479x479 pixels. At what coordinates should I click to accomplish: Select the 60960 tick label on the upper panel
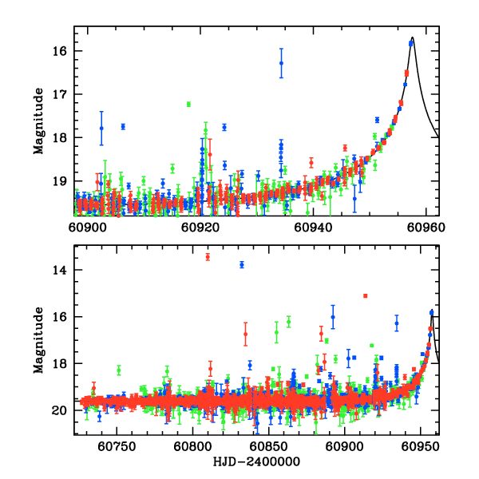click(426, 226)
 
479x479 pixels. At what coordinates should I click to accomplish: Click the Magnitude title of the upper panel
click(38, 121)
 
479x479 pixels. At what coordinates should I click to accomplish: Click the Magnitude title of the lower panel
click(38, 340)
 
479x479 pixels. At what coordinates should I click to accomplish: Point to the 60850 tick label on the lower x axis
click(269, 445)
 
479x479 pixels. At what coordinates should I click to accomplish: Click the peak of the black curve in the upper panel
click(413, 38)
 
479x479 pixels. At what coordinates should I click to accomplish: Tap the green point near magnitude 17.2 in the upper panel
click(188, 104)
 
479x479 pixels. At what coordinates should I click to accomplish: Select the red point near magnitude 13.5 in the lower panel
click(208, 256)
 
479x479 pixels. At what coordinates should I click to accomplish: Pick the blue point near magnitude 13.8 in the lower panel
click(242, 264)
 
